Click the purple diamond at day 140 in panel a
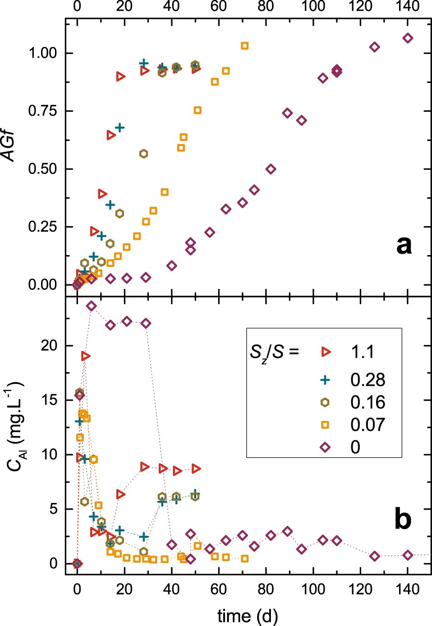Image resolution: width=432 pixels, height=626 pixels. click(x=408, y=38)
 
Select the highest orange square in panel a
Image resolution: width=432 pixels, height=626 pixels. click(x=244, y=46)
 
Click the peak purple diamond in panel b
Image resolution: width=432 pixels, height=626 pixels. click(x=92, y=306)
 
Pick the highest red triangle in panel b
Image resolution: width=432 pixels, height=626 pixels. click(x=85, y=356)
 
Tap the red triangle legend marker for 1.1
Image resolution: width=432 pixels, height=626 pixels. click(x=325, y=352)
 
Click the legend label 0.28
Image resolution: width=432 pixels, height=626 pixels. click(x=368, y=380)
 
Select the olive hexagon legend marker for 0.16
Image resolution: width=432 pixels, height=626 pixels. click(x=325, y=402)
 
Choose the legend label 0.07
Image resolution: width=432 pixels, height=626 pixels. click(x=368, y=425)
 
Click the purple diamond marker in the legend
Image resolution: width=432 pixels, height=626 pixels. click(x=325, y=447)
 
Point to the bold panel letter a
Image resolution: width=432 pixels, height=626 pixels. click(x=404, y=245)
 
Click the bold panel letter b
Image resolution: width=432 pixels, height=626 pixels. click(x=403, y=519)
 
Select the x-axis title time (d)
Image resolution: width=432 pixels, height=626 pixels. click(x=248, y=616)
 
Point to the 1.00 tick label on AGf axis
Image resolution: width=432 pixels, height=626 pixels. click(x=43, y=53)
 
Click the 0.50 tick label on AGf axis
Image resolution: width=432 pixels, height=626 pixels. click(x=43, y=169)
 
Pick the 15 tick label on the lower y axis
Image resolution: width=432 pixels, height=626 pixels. click(x=50, y=400)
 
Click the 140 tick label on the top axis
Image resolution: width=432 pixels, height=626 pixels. click(x=408, y=6)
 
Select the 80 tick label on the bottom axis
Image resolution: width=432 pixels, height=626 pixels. click(x=266, y=589)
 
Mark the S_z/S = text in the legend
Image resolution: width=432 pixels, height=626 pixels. click(x=275, y=352)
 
